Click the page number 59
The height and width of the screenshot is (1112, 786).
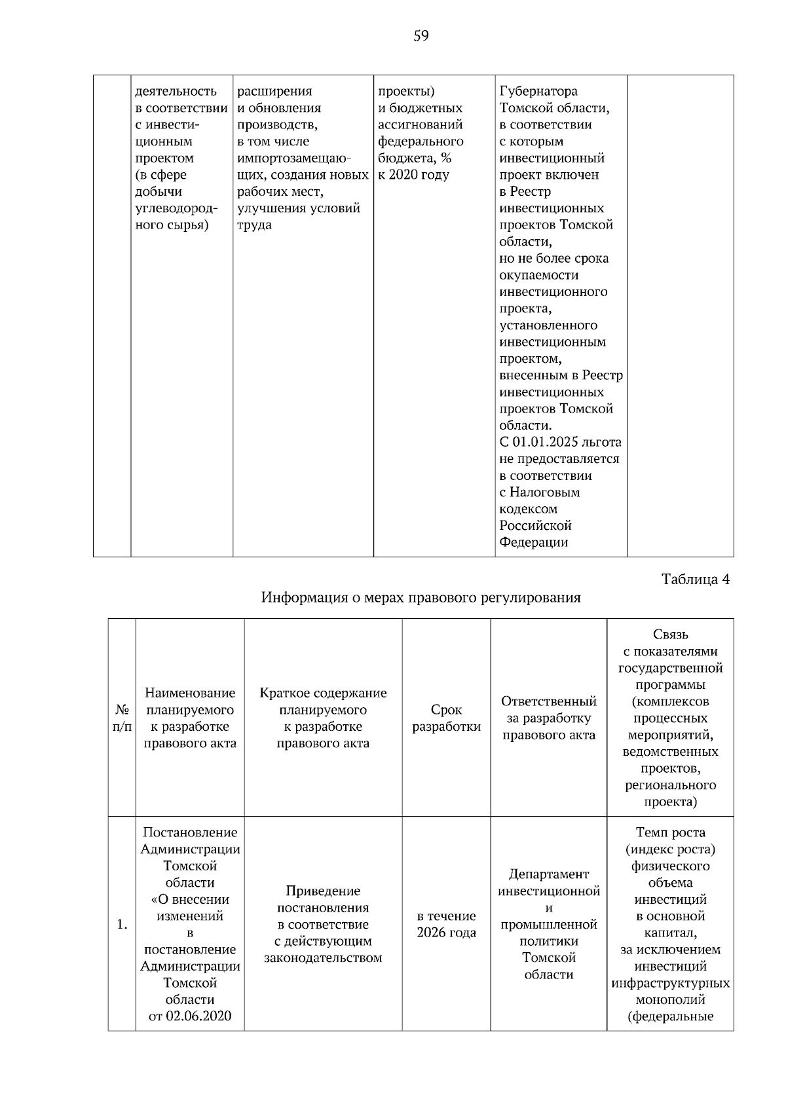421,36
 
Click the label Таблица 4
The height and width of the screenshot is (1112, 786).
695,580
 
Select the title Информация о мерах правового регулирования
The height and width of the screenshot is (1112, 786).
421,598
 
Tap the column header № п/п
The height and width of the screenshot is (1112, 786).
122,718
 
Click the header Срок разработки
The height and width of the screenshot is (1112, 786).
446,718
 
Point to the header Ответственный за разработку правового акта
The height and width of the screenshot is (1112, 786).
549,718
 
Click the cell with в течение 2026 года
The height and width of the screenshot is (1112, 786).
446,924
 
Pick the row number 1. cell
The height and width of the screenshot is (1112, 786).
122,925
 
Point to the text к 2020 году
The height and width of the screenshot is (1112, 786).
414,175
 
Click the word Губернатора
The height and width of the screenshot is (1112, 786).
538,91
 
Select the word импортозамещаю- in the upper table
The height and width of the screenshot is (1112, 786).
294,158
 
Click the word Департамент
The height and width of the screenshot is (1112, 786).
549,874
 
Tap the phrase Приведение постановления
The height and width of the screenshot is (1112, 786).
323,899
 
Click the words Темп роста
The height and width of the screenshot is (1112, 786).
670,832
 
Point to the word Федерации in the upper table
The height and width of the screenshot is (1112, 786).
534,542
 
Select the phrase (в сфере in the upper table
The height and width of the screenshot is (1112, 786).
160,175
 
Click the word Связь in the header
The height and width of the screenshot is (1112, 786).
670,634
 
